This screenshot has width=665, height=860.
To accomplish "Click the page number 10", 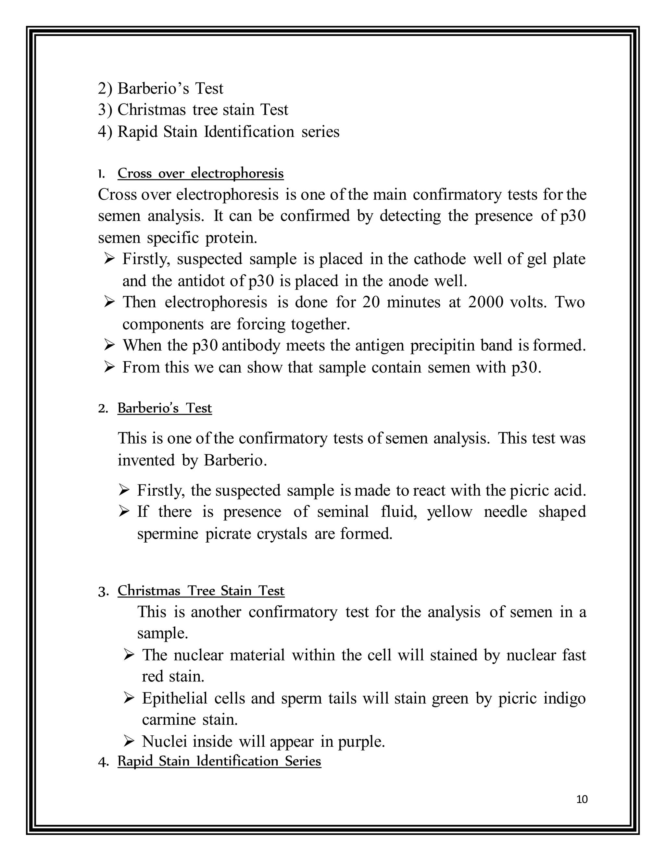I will pyautogui.click(x=582, y=799).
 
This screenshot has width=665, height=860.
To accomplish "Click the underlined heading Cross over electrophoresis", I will pyautogui.click(x=201, y=173).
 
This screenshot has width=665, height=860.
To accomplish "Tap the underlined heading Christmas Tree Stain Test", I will pyautogui.click(x=201, y=591).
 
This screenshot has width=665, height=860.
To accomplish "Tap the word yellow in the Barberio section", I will pyautogui.click(x=449, y=511).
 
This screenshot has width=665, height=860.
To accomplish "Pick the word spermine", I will pyautogui.click(x=168, y=534).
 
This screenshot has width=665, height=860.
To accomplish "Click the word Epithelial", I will pyautogui.click(x=174, y=698).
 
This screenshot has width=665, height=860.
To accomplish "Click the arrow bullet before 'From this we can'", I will pyautogui.click(x=109, y=367).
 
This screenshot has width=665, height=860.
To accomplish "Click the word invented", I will pyautogui.click(x=146, y=460).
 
